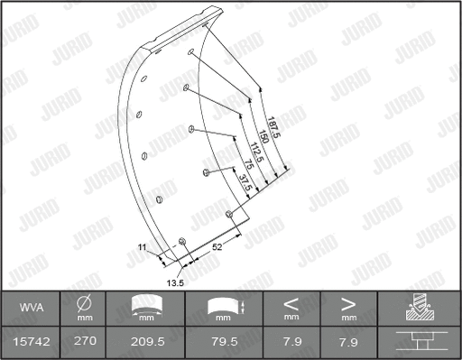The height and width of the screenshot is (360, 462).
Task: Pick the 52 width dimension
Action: tap(217, 245)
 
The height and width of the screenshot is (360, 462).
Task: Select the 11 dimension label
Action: tap(141, 245)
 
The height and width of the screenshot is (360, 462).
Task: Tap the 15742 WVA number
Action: tap(31, 341)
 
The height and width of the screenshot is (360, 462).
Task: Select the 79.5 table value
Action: tap(222, 341)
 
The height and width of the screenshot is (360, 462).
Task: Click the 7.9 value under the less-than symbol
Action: tap(291, 341)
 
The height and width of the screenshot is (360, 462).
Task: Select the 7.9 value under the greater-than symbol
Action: tap(348, 341)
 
